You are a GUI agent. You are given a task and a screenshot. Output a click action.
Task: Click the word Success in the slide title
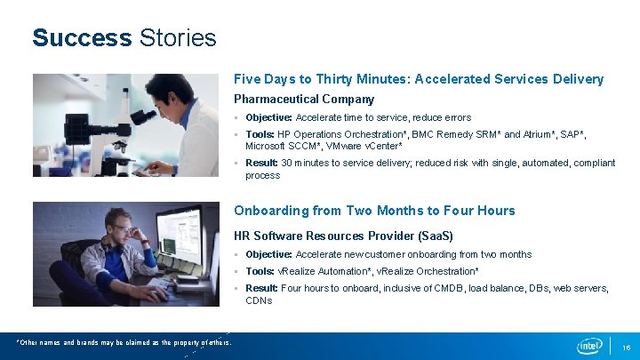82,38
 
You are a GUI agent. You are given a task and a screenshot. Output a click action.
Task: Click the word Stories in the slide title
178,38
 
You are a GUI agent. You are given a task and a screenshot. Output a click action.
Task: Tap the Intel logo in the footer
589,346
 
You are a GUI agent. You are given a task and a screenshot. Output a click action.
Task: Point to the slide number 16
627,347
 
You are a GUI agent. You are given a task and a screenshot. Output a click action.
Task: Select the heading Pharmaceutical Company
303,99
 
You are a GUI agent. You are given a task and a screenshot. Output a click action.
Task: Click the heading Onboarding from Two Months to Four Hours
374,211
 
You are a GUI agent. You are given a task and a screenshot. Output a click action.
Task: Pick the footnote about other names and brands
125,342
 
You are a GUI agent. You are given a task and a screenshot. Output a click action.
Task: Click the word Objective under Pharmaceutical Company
268,117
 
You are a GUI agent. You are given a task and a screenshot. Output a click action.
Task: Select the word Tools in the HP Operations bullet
260,134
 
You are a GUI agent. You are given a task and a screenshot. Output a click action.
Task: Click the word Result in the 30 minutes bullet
262,163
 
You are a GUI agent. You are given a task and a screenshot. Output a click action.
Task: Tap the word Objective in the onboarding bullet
268,254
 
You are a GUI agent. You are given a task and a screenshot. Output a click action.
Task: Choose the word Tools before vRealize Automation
260,271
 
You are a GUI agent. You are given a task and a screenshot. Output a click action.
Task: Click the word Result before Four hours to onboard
262,288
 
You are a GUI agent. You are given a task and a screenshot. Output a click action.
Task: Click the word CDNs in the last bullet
259,300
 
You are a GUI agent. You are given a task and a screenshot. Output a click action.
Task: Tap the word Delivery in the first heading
577,79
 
